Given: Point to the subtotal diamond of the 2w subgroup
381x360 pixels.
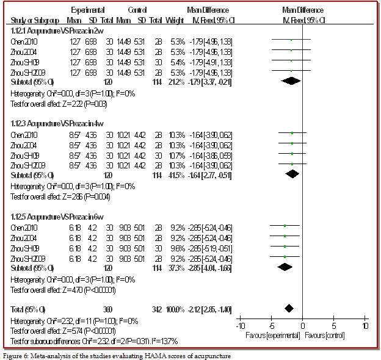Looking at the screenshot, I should (291, 81).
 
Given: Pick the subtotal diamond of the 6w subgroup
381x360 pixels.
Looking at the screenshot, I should (285, 268).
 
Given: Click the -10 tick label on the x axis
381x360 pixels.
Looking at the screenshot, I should (240, 325).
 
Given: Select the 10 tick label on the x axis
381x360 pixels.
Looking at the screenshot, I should (366, 325).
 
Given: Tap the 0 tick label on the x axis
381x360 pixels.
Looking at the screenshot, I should (303, 325).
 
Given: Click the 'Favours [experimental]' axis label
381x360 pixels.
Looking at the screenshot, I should (272, 335).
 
